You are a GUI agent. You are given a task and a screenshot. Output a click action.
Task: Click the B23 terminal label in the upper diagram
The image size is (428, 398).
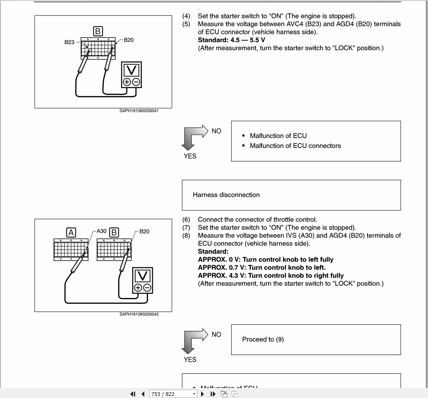[x=69, y=42]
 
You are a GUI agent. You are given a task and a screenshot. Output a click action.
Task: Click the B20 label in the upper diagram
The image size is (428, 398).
[x=129, y=40]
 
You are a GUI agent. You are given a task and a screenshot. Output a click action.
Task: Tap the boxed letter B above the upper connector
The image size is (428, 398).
[x=98, y=31]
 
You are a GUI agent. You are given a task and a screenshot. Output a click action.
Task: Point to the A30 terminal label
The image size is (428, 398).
[x=102, y=230]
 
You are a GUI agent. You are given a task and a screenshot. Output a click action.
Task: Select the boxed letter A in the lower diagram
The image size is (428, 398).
[x=71, y=232]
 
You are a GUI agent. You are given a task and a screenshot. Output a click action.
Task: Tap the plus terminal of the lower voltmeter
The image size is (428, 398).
[x=138, y=288]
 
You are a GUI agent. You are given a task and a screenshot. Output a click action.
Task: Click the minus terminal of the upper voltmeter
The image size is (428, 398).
[x=136, y=82]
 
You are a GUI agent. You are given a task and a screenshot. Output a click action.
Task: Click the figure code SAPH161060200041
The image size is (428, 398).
[x=139, y=111]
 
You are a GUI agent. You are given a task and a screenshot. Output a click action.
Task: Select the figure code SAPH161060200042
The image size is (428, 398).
[x=139, y=315]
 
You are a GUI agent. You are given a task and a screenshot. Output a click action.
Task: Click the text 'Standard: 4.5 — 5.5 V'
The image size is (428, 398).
[x=232, y=40]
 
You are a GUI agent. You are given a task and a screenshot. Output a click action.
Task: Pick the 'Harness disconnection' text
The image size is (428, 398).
[x=226, y=195]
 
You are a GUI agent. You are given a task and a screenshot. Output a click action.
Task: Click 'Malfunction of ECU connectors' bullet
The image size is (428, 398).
[x=295, y=146]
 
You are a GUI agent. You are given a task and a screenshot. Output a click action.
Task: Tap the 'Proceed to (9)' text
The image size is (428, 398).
[x=263, y=339]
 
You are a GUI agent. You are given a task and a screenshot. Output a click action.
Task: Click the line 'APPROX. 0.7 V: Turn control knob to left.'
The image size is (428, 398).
[x=262, y=267]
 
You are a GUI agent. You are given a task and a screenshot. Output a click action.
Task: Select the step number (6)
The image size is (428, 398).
[x=186, y=219]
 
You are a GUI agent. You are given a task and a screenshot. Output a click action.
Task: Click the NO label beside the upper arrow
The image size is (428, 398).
[x=217, y=131]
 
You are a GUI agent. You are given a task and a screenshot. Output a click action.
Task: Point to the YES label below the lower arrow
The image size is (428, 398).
[x=190, y=360]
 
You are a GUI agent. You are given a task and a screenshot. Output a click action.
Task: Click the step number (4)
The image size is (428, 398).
[x=186, y=16]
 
